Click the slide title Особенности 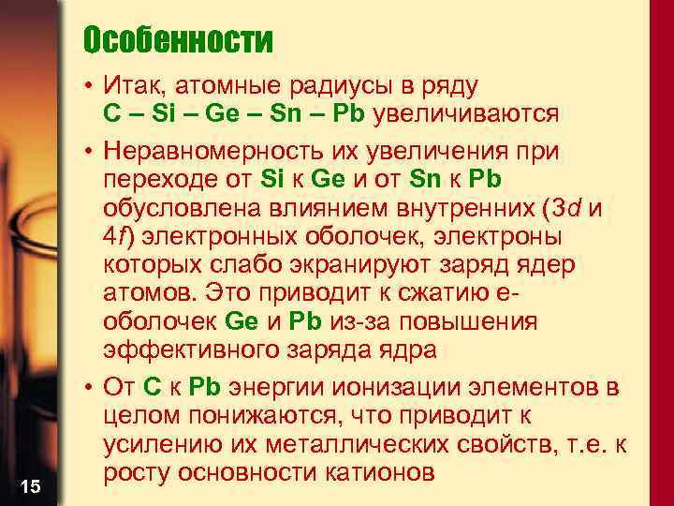click(x=178, y=40)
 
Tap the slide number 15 click(x=30, y=485)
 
